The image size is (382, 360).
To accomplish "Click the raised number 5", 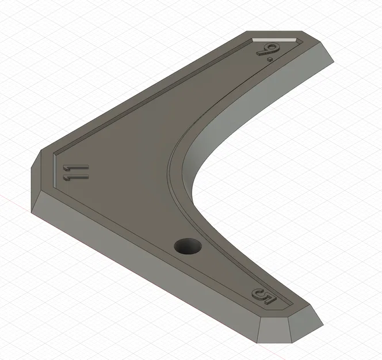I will [265, 298].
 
